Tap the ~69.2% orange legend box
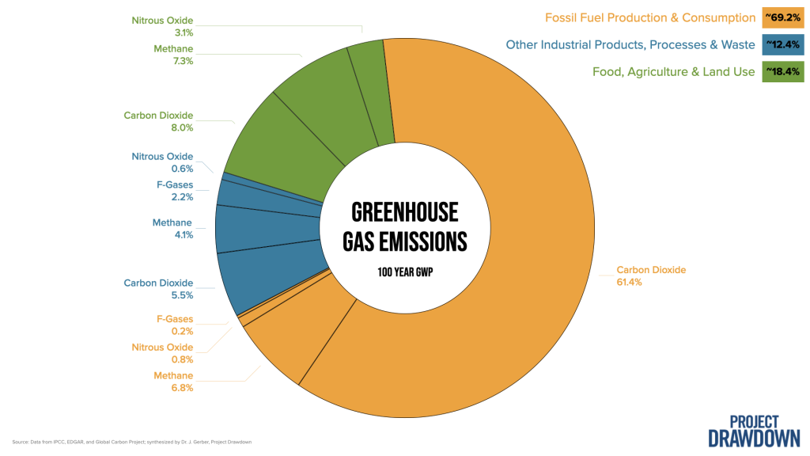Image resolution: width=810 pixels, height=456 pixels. [x=782, y=17]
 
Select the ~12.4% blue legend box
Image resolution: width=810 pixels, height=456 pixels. [x=782, y=44]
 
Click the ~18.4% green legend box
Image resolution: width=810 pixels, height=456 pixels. [x=782, y=71]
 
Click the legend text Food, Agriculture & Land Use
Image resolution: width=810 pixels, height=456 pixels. [x=674, y=72]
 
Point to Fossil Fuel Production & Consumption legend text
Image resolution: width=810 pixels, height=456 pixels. [x=650, y=17]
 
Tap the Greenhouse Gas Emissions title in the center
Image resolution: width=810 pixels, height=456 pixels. [x=405, y=227]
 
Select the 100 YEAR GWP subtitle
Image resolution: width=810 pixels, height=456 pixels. [x=405, y=272]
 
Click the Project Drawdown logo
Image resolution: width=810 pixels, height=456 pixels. [x=754, y=431]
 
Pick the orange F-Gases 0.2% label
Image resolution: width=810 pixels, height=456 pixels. [x=175, y=325]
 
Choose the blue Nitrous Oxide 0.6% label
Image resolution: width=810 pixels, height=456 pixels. [x=162, y=162]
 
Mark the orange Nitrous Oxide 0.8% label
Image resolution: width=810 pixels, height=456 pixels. [x=162, y=353]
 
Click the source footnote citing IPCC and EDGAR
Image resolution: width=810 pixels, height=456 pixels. [x=132, y=442]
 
